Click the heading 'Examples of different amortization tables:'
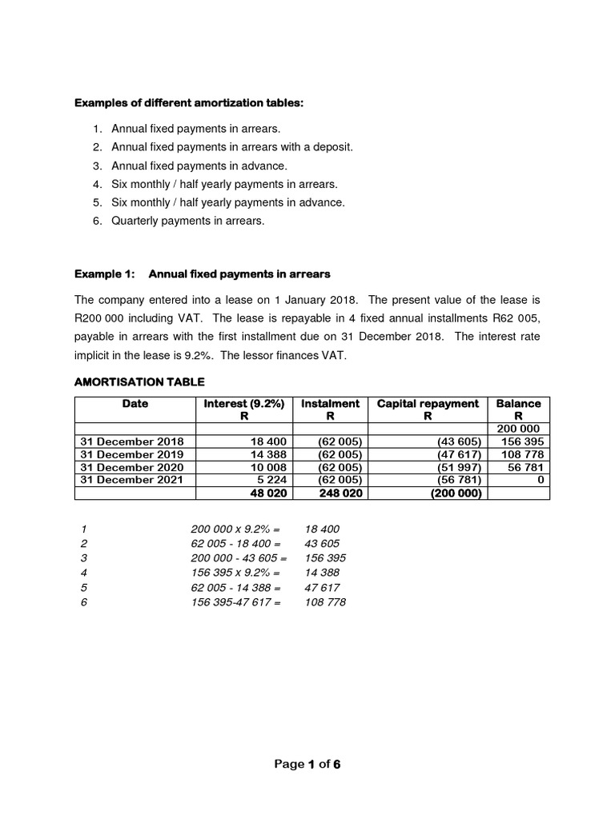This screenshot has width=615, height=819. coord(189,103)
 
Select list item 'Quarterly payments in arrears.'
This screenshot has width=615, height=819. coord(187,221)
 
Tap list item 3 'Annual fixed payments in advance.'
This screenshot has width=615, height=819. coord(199,166)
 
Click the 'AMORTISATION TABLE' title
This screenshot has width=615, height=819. coord(139,382)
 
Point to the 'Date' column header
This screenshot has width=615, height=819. coord(135,404)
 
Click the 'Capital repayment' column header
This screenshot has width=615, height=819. coord(428,404)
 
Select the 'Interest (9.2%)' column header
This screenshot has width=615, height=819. coord(244,404)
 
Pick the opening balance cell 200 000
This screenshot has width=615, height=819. coord(518,429)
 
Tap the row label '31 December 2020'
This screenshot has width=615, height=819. coord(132,467)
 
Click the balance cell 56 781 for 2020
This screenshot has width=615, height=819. coord(521,467)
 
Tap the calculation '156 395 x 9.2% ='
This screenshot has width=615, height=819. coord(235,573)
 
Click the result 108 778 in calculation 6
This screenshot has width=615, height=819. coord(325,602)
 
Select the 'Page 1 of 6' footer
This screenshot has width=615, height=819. coord(307,764)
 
